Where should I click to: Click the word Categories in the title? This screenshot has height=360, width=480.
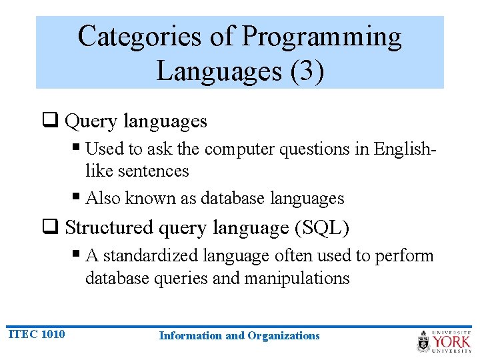point(139,37)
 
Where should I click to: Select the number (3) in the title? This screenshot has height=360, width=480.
point(307,70)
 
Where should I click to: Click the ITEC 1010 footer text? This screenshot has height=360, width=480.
point(37,334)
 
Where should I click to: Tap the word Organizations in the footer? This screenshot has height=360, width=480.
point(283,336)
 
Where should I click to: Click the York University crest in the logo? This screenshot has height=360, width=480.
point(424,341)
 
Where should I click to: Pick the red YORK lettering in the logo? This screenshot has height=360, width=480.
point(452,342)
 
